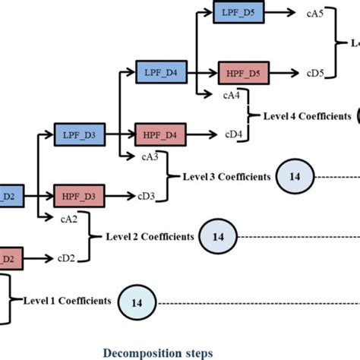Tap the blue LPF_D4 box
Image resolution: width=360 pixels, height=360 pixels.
[x=161, y=73]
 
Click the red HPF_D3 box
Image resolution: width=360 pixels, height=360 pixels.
[x=79, y=196]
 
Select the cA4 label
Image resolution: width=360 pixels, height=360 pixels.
[x=232, y=96]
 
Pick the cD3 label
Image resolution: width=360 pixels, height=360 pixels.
[x=147, y=196]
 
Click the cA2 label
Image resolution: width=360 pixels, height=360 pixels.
[x=68, y=219]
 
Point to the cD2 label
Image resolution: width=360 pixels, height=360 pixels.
[x=66, y=257]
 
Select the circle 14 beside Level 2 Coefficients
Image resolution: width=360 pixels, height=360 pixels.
[x=218, y=237]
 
